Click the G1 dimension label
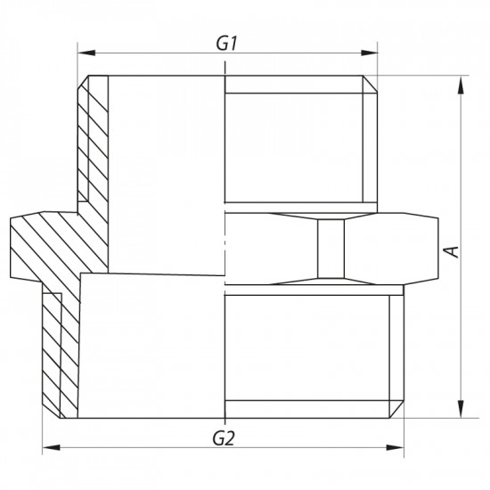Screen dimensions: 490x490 coord(227,41)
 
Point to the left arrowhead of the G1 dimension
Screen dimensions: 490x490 coord(81,53)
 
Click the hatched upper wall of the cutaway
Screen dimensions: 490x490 coord(91,143)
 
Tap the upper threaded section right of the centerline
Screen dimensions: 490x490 coord(294,143)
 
